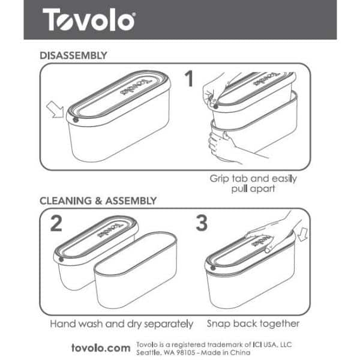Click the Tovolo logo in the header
point(89,20)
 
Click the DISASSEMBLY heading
point(73,56)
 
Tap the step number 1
point(190,79)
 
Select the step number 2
point(56,223)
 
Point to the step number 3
point(202,223)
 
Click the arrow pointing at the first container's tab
point(55,109)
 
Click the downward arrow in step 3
point(303,235)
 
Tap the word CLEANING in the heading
point(65,201)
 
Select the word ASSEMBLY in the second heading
point(131,201)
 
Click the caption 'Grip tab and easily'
point(253,179)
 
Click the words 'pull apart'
point(253,189)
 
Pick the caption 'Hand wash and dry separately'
point(122,324)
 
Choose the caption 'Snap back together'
point(253,324)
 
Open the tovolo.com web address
point(101,348)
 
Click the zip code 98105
point(185,352)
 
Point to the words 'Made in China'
point(226,352)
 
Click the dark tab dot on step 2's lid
point(61,259)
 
